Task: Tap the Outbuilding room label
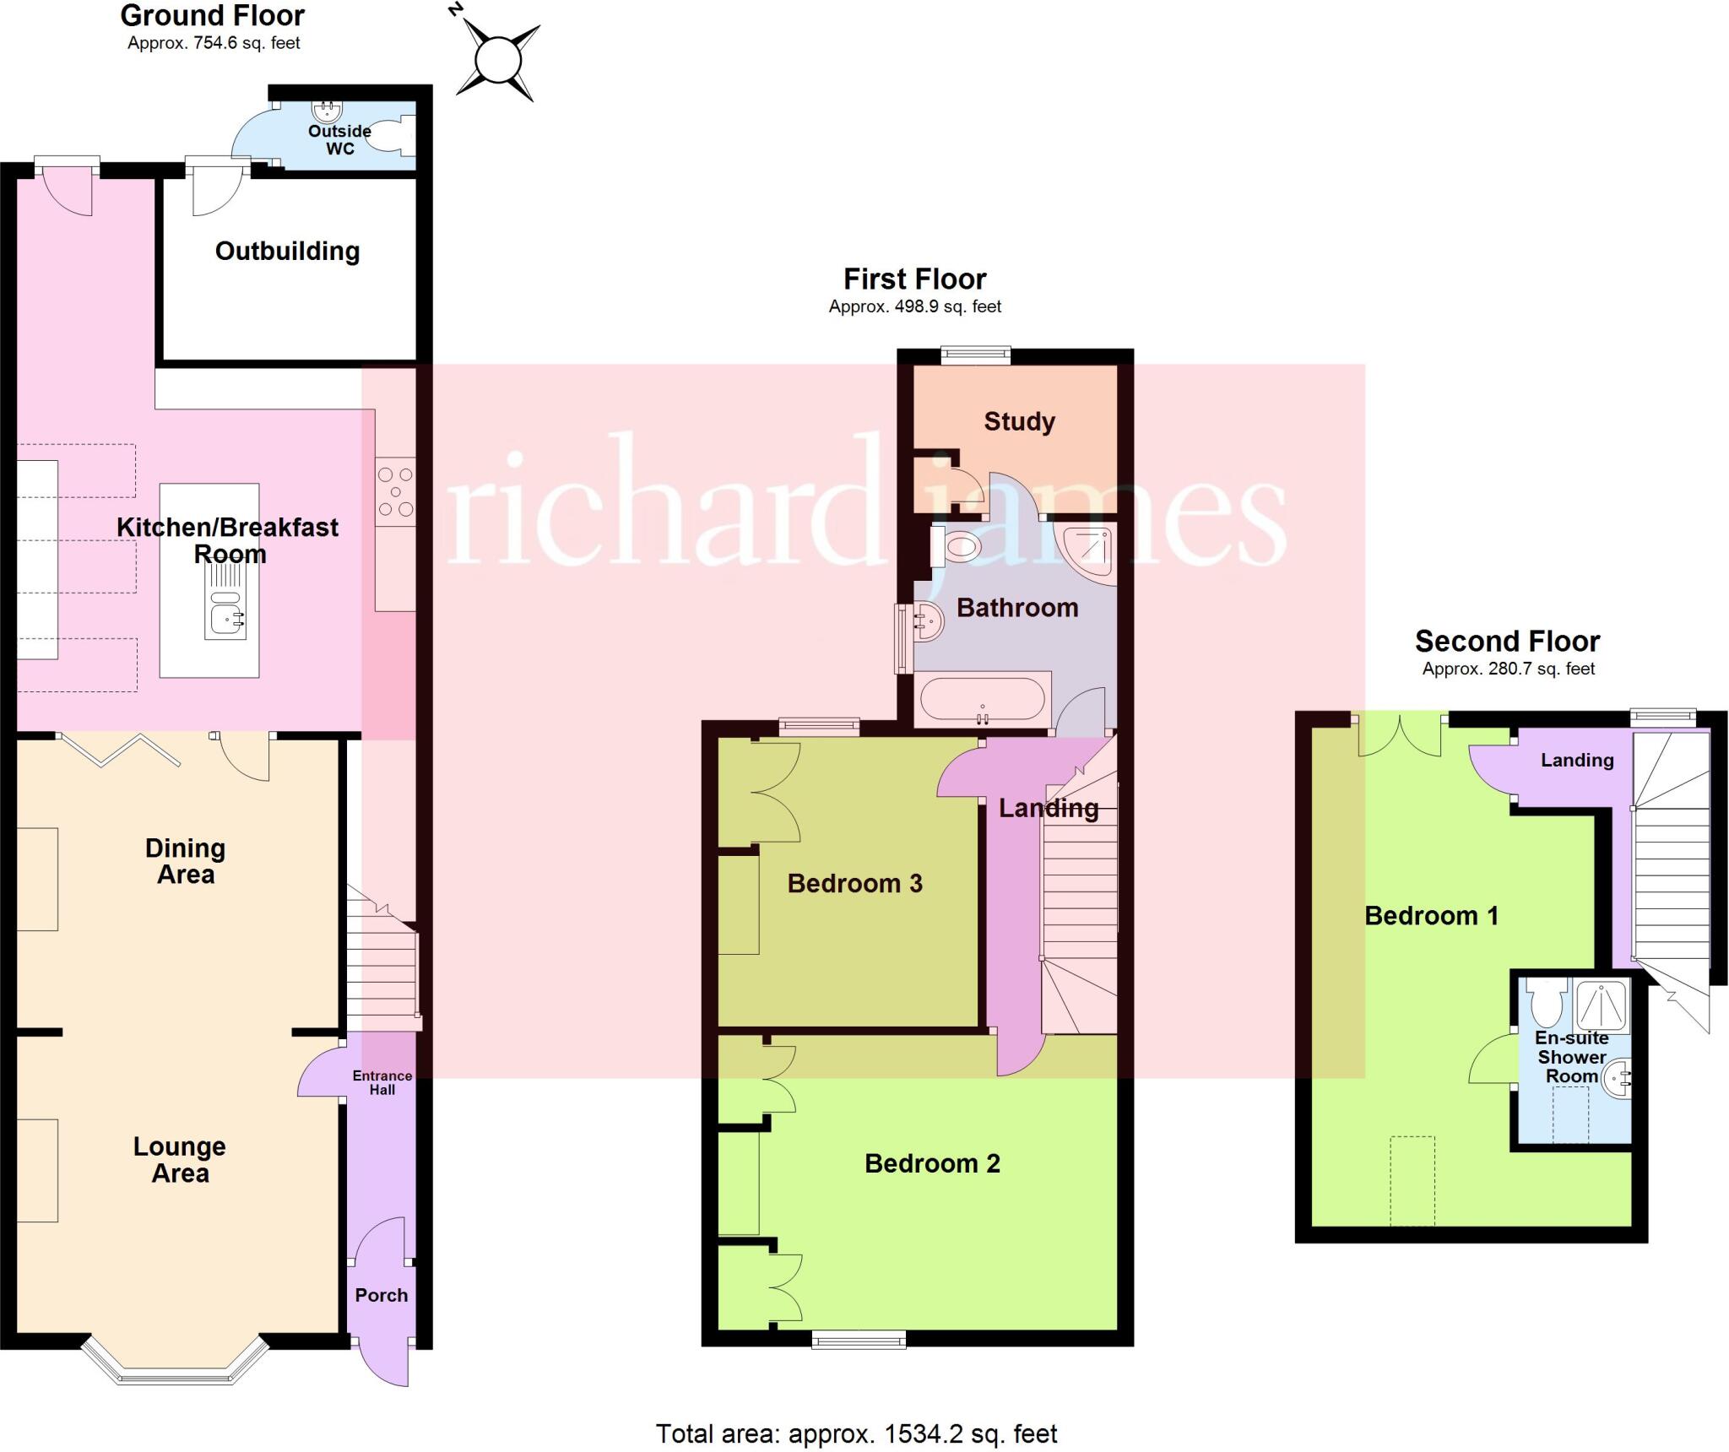[287, 251]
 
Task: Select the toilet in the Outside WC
[393, 138]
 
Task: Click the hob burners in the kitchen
[395, 490]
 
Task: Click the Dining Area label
[185, 861]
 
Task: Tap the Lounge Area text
[180, 1159]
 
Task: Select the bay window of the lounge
[175, 1366]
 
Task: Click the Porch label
[381, 1295]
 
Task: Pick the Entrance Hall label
[382, 1082]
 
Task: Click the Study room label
[1019, 421]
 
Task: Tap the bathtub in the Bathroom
[982, 700]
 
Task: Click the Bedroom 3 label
[854, 884]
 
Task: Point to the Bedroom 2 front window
[859, 1338]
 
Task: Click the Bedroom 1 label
[1431, 915]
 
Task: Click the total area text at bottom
[856, 1433]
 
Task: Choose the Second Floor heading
[1507, 642]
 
